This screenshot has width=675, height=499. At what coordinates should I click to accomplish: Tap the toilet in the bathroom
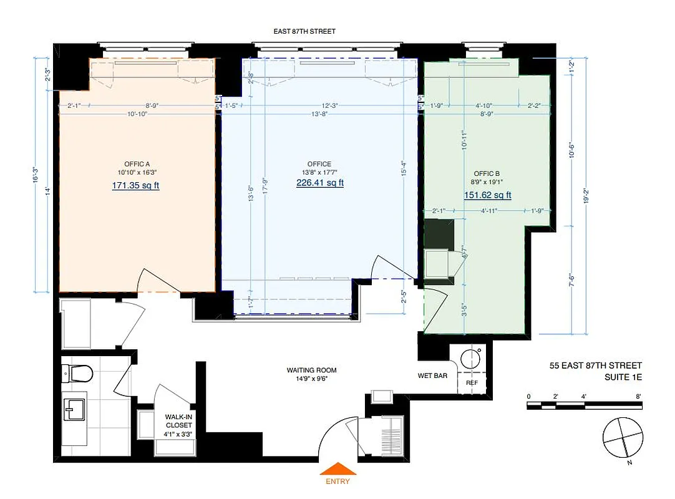click(x=77, y=374)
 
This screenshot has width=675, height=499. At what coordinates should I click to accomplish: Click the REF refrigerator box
click(x=472, y=382)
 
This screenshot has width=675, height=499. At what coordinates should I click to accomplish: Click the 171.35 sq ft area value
click(x=135, y=186)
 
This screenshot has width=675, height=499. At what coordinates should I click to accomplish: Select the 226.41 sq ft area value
click(x=319, y=183)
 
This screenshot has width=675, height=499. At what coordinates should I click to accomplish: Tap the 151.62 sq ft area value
click(x=487, y=195)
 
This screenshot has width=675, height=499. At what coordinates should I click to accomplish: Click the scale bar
click(x=584, y=405)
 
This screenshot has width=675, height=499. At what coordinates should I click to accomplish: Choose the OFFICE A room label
click(x=136, y=164)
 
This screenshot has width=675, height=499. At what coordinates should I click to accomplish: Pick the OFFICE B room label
click(x=487, y=173)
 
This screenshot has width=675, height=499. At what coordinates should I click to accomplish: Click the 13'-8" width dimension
click(x=319, y=114)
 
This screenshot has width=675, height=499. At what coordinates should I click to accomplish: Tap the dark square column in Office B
click(x=439, y=233)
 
